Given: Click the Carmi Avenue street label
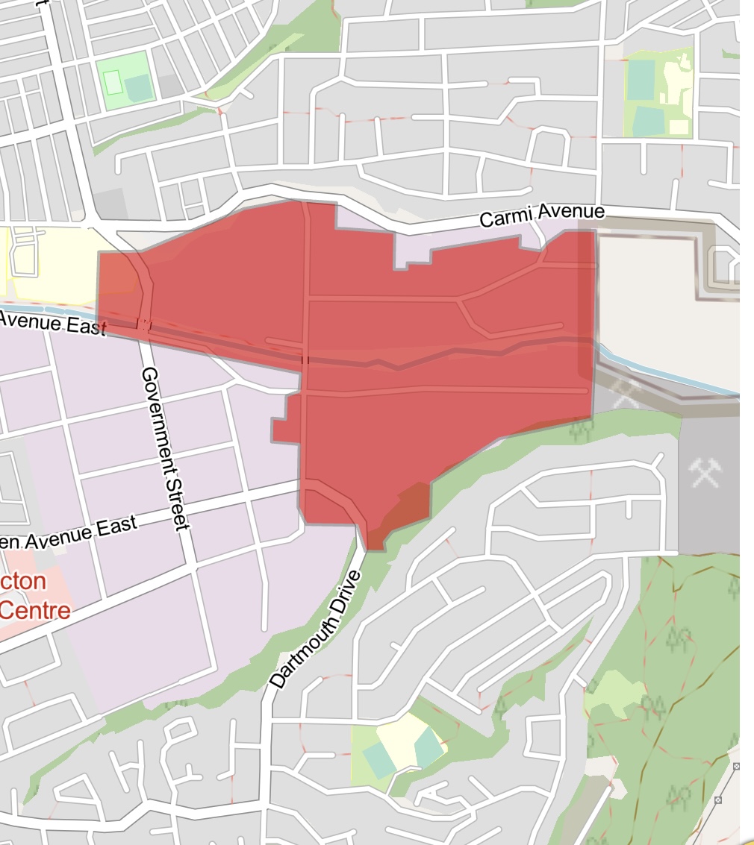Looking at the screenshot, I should click(541, 216).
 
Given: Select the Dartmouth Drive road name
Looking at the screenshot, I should click(315, 630).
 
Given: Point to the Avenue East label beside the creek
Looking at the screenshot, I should click(52, 322).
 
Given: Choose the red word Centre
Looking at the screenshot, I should click(35, 611).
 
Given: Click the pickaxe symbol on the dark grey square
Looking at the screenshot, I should click(705, 471).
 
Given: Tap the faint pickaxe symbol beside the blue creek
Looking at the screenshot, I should click(625, 394).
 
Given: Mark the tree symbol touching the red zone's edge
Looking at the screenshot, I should click(583, 429).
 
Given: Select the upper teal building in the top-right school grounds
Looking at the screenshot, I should click(641, 80).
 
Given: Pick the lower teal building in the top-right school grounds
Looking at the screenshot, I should click(649, 122).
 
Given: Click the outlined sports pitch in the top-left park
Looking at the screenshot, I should click(113, 81).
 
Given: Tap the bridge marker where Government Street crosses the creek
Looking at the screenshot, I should click(145, 324).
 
